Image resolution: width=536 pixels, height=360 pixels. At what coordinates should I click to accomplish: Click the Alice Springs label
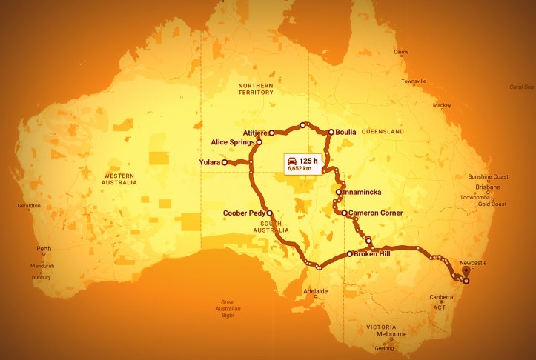pyautogui.click(x=232, y=141)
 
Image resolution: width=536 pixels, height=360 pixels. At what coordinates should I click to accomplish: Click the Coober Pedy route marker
pyautogui.click(x=269, y=213)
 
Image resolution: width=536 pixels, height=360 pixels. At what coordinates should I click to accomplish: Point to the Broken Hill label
pyautogui.click(x=377, y=254)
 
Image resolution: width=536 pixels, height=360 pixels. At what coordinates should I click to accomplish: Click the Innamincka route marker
pyautogui.click(x=339, y=192)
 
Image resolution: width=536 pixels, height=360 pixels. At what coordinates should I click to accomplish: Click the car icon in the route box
pyautogui.click(x=292, y=161)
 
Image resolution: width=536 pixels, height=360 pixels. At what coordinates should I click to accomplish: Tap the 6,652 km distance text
pyautogui.click(x=302, y=170)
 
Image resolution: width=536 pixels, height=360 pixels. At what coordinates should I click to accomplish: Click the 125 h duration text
pyautogui.click(x=309, y=161)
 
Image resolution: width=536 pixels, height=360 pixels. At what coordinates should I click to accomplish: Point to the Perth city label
pyautogui.click(x=43, y=247)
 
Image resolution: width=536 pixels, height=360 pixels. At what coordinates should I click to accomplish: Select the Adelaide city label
pyautogui.click(x=317, y=292)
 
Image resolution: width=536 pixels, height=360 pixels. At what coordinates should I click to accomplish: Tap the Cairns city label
pyautogui.click(x=401, y=52)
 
